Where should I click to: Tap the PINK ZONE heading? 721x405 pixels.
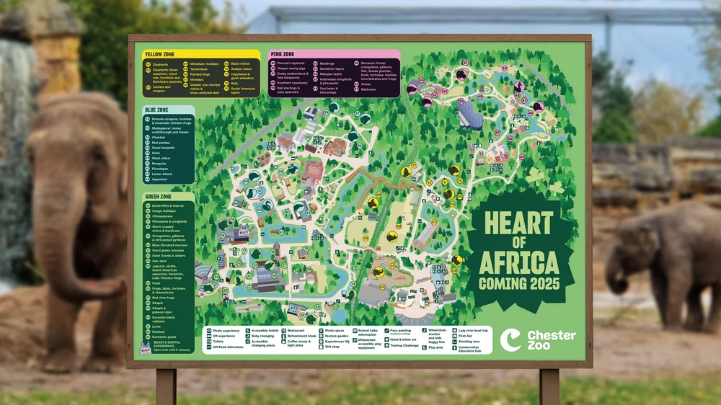tap(282, 54)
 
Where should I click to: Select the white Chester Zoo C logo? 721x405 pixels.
tap(511, 339)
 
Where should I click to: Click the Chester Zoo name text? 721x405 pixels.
tap(552, 340)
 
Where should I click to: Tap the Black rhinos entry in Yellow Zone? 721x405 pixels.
tap(241, 63)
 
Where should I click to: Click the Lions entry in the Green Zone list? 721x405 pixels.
tap(156, 326)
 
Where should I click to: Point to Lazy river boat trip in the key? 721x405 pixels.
tap(473, 330)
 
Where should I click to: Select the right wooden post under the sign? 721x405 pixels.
tap(549, 386)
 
